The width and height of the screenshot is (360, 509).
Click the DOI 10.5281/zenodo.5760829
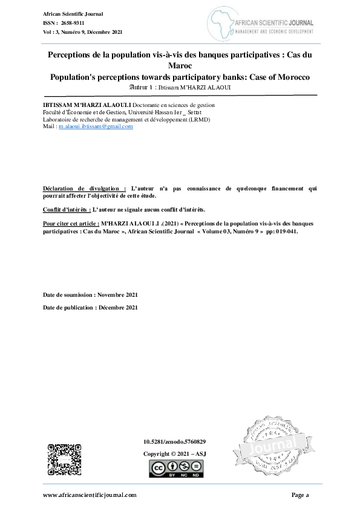[174, 442]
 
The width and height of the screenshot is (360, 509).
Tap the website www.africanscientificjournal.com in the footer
[90, 495]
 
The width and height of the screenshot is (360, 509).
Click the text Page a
[300, 495]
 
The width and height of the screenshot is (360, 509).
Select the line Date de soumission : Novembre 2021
[90, 295]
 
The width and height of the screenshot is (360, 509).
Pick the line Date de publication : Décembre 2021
[90, 308]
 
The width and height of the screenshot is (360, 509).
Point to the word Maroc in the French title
[180, 66]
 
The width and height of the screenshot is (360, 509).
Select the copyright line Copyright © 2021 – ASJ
[174, 453]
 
